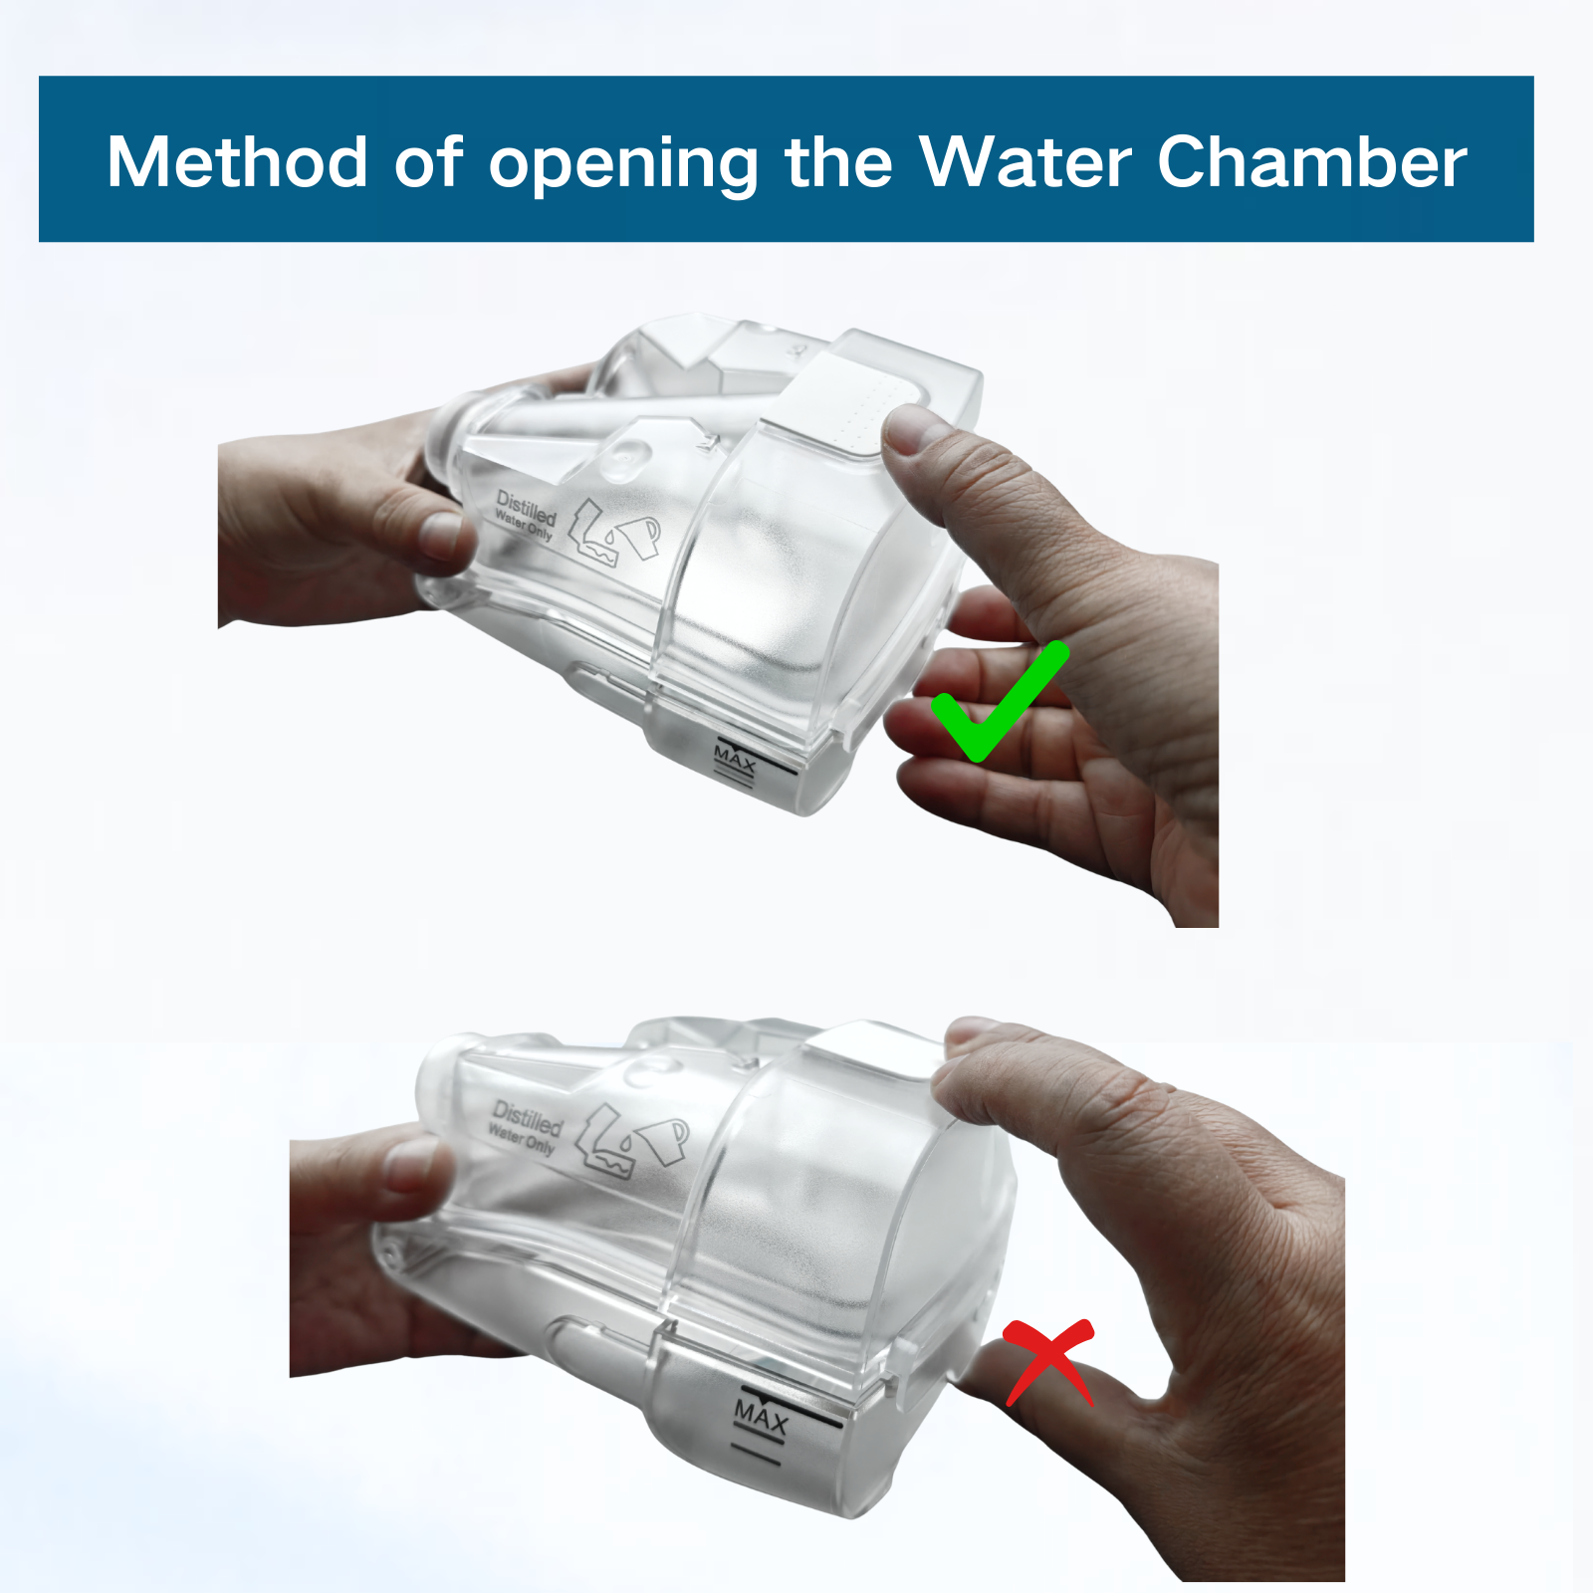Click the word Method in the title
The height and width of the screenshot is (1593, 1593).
[x=238, y=161]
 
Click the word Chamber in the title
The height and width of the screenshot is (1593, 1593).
[x=1312, y=161]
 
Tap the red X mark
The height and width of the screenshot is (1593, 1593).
[x=1049, y=1361]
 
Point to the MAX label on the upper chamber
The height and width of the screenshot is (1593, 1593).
[x=735, y=760]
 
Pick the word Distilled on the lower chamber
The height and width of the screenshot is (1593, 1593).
[x=528, y=1118]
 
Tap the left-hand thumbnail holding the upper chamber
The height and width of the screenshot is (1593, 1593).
[x=442, y=535]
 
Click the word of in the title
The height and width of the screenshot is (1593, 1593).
[x=428, y=161]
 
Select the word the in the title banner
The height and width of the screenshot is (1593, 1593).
[x=838, y=161]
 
